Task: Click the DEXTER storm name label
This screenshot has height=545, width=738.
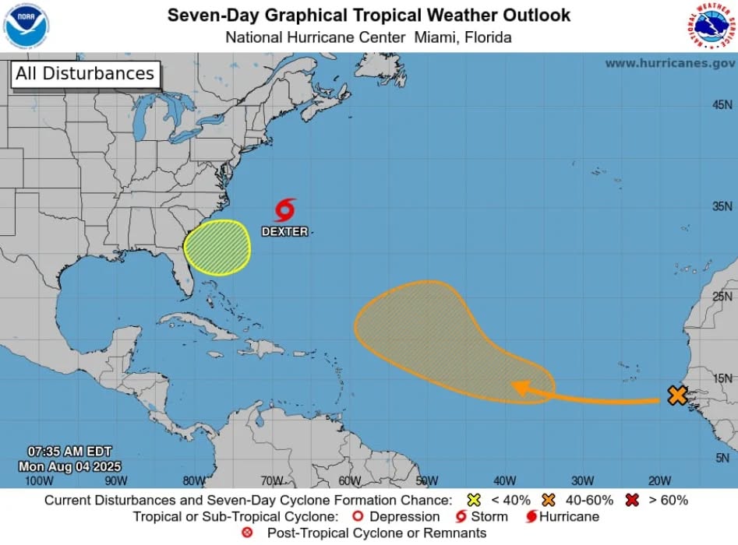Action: point(284,231)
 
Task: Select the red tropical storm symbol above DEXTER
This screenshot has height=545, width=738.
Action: point(285,210)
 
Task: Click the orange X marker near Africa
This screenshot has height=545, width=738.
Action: point(677,396)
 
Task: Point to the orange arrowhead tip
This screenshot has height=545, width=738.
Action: point(514,386)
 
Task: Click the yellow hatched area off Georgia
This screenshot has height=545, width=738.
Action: point(217,248)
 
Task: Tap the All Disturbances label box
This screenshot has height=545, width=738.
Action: point(84,74)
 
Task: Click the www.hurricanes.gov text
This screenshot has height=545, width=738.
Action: point(669,63)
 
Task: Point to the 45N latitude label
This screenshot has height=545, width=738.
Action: point(722,104)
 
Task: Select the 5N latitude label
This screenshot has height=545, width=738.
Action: point(723,458)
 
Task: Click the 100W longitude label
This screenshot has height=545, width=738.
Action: point(39,480)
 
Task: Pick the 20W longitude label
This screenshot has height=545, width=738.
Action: point(659,480)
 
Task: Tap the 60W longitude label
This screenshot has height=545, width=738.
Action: point(349,480)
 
